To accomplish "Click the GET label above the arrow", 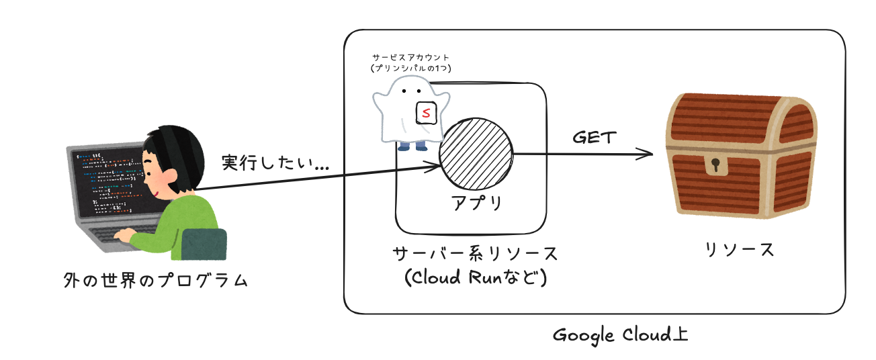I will tap(594, 138).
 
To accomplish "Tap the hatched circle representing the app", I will tap(476, 154).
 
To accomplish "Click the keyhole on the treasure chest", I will tap(715, 164).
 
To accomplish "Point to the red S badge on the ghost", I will tap(426, 112).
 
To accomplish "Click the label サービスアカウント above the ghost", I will tap(411, 58).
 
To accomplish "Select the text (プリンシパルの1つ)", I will tap(411, 69).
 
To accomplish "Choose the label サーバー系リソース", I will tap(476, 255).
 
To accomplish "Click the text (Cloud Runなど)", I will tap(476, 277).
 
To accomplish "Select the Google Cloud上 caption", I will tap(620, 334).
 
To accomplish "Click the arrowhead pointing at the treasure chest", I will tap(647, 154).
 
